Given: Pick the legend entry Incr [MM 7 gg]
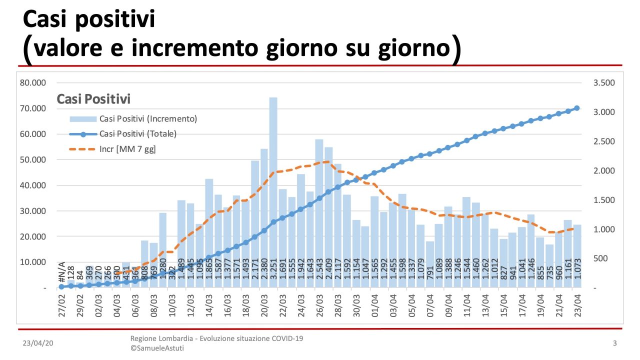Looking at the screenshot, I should [127, 149].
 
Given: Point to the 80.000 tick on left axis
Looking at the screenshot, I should [32, 83].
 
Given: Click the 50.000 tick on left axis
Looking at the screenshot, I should [32, 159].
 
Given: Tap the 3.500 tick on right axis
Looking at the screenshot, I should [604, 83].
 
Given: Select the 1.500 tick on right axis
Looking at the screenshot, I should [604, 200].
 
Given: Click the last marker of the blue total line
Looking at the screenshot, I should [576, 108].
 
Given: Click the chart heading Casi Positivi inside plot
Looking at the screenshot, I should [93, 99].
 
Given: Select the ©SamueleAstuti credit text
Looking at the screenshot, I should [156, 348].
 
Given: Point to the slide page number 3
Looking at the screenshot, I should [614, 343].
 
